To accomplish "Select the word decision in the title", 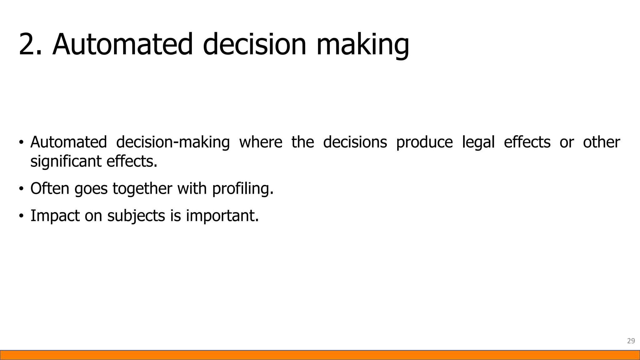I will pyautogui.click(x=254, y=44).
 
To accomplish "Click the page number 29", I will pyautogui.click(x=631, y=341).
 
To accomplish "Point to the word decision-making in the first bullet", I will pyautogui.click(x=173, y=142).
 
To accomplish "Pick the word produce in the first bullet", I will pyautogui.click(x=424, y=142).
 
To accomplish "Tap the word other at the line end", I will pyautogui.click(x=601, y=142).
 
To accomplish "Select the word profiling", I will pyautogui.click(x=242, y=189).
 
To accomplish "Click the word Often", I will pyautogui.click(x=50, y=189).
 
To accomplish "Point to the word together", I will pyautogui.click(x=142, y=189).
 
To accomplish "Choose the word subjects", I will pyautogui.click(x=136, y=216).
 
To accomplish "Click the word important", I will pyautogui.click(x=222, y=216).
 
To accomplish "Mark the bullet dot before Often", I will pyautogui.click(x=21, y=189).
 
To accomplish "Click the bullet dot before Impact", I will pyautogui.click(x=21, y=216).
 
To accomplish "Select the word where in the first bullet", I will pyautogui.click(x=261, y=142).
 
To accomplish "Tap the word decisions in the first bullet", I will pyautogui.click(x=355, y=142).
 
